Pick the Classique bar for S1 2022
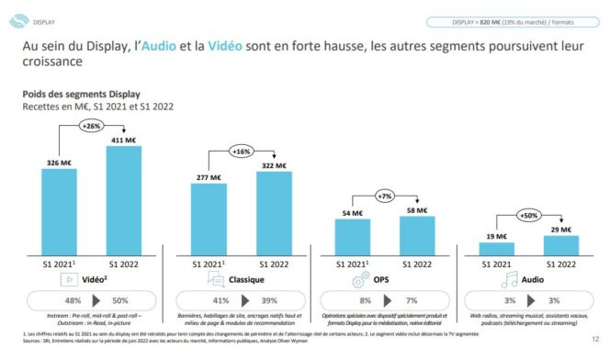pos(273,213)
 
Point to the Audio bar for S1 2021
pos(497,249)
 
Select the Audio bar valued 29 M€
pos(559,246)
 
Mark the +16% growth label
pos(241,150)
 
